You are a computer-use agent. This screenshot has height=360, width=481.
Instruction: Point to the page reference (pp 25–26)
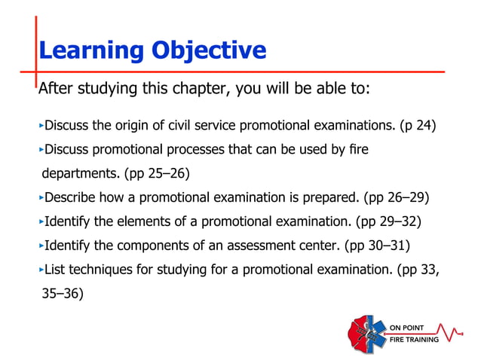tap(154, 175)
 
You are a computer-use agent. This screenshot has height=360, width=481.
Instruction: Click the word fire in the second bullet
tap(357, 150)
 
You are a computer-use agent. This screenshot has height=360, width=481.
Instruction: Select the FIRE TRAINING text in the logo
tap(414, 340)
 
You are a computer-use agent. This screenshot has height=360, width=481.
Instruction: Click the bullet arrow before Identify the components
tap(41, 249)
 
